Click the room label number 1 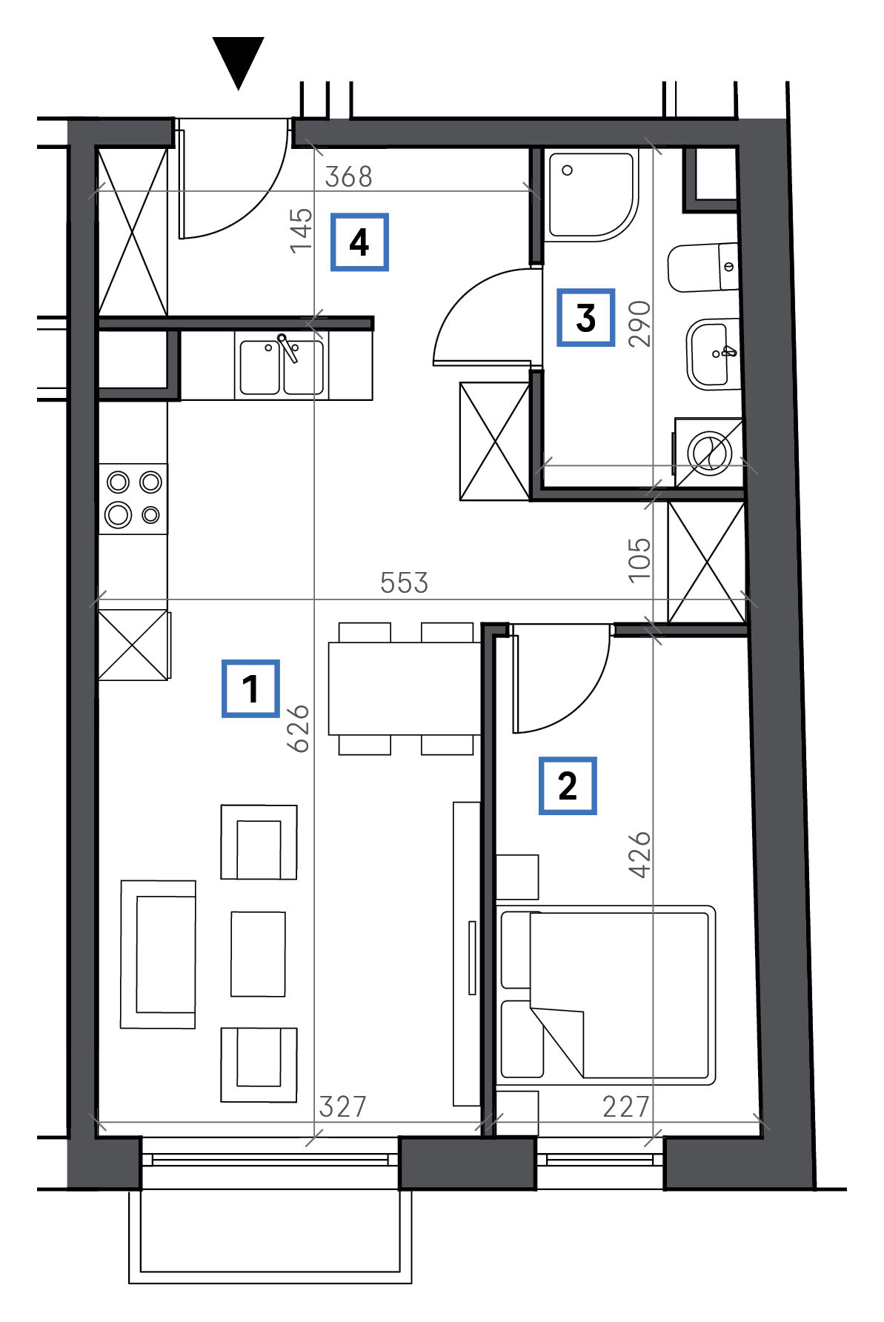click(x=250, y=688)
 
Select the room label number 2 click(x=568, y=785)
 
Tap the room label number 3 click(x=586, y=317)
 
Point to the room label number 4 click(x=359, y=242)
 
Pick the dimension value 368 click(x=349, y=176)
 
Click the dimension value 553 click(x=404, y=582)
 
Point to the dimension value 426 click(x=639, y=854)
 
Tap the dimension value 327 click(x=343, y=1106)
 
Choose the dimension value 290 click(x=639, y=324)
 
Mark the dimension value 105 click(x=639, y=560)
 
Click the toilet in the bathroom click(x=704, y=267)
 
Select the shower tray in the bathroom click(x=591, y=195)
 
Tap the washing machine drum click(x=709, y=453)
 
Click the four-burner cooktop click(x=133, y=498)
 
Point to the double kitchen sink click(x=281, y=366)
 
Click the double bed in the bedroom click(x=608, y=994)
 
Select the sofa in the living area click(x=159, y=954)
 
